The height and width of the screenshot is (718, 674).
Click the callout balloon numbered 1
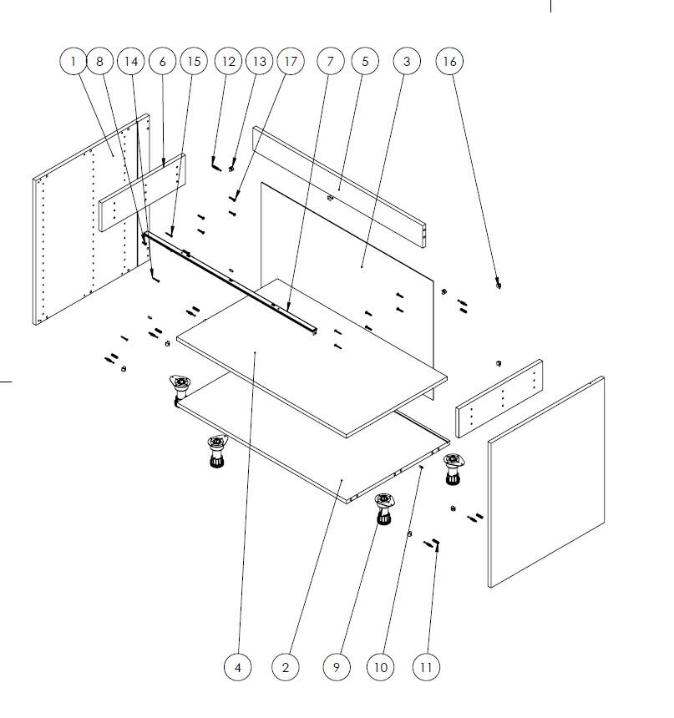(73, 61)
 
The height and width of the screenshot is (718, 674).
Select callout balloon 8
(100, 61)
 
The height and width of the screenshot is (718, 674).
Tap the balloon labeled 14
(131, 61)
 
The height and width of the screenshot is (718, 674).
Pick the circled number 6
(162, 61)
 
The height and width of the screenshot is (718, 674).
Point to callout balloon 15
(194, 61)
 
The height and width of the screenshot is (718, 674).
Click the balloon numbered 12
(228, 61)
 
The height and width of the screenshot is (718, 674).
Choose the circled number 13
(260, 61)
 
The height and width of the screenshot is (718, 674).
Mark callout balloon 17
(291, 61)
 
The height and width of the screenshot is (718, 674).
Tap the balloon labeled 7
(331, 61)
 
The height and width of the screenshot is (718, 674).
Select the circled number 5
(365, 61)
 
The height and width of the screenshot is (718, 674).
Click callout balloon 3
(407, 61)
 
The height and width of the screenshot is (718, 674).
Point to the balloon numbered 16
(449, 61)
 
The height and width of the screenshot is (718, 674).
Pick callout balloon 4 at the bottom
(237, 667)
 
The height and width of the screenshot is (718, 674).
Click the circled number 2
(286, 667)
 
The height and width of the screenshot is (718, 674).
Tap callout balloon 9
(337, 667)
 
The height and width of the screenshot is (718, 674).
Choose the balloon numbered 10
(381, 667)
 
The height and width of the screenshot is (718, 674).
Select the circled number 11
(426, 667)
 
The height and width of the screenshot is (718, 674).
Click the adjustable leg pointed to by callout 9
(384, 508)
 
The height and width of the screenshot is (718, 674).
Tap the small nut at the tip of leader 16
(498, 286)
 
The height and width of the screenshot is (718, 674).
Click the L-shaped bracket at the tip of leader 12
(215, 164)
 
